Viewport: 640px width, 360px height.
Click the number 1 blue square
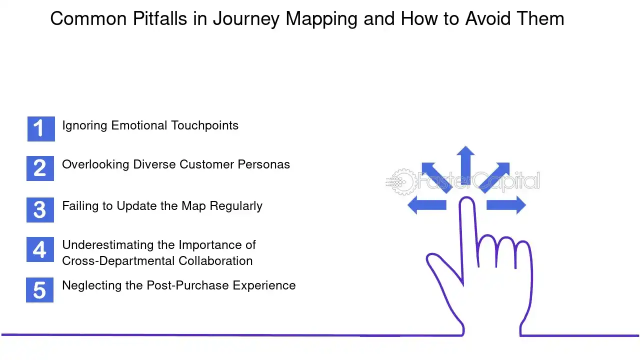click(40, 129)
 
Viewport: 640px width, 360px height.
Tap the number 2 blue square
click(40, 168)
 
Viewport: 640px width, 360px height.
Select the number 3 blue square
click(40, 209)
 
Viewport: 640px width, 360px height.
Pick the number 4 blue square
click(40, 249)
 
